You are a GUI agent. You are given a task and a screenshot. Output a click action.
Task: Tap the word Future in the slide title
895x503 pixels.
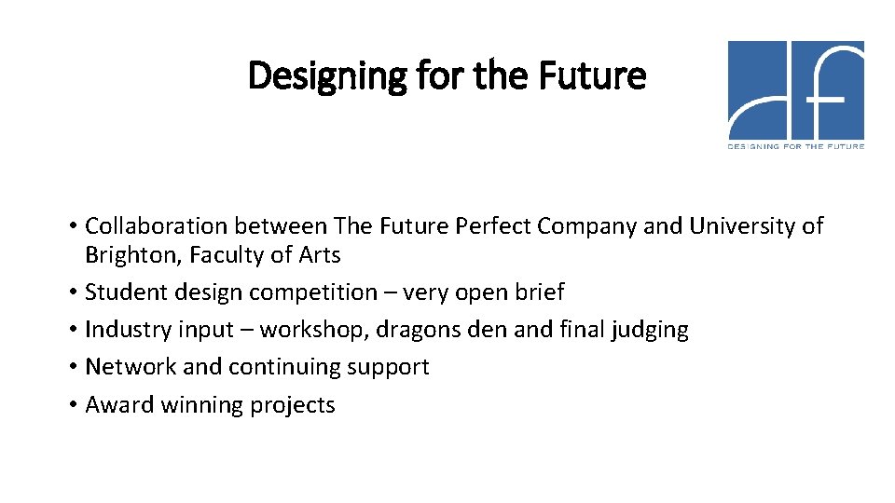(x=594, y=75)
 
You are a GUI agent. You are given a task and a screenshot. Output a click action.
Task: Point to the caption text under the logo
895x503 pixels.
(x=795, y=146)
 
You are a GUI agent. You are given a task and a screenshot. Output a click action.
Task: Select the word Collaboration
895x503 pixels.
(x=156, y=225)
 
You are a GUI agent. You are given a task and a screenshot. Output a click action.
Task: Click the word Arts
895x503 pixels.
(x=320, y=254)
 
